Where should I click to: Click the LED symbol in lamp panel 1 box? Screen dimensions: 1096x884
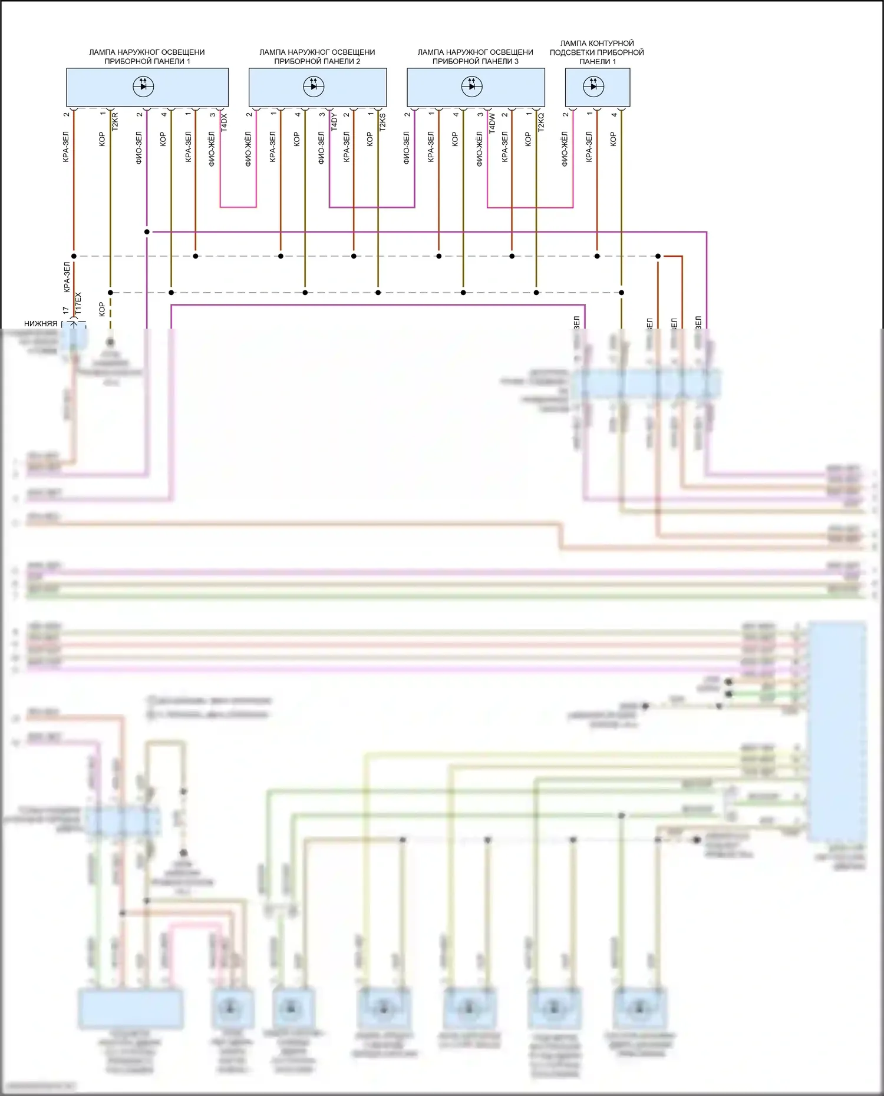[x=143, y=87]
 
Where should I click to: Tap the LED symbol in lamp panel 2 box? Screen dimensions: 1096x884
[x=314, y=87]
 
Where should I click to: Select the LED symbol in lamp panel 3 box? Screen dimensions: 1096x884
[x=471, y=87]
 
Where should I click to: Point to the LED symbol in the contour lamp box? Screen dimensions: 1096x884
[x=593, y=87]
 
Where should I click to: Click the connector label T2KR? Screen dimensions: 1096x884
[x=115, y=121]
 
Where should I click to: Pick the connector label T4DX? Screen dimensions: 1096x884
[x=224, y=122]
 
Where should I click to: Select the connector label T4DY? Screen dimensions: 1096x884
[x=334, y=122]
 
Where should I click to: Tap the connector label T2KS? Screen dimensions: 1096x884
[x=382, y=121]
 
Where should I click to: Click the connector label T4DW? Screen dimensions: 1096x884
[x=492, y=122]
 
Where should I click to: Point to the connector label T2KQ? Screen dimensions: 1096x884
[x=541, y=121]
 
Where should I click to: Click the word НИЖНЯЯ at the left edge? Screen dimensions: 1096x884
[x=41, y=323]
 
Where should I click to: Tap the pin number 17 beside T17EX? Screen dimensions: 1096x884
[x=66, y=310]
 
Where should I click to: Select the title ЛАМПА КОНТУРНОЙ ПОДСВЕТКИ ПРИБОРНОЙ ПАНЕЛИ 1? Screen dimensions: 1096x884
[x=597, y=52]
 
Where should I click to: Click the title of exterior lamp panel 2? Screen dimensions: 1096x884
[x=317, y=57]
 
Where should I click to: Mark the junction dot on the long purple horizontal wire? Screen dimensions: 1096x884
[x=147, y=232]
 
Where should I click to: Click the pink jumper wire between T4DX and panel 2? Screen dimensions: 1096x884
[x=238, y=207]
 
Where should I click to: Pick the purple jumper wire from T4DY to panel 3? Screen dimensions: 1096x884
[x=372, y=207]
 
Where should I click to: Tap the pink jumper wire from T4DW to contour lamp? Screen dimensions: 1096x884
[x=530, y=207]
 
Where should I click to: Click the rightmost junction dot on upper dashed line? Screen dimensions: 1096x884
[x=658, y=256]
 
